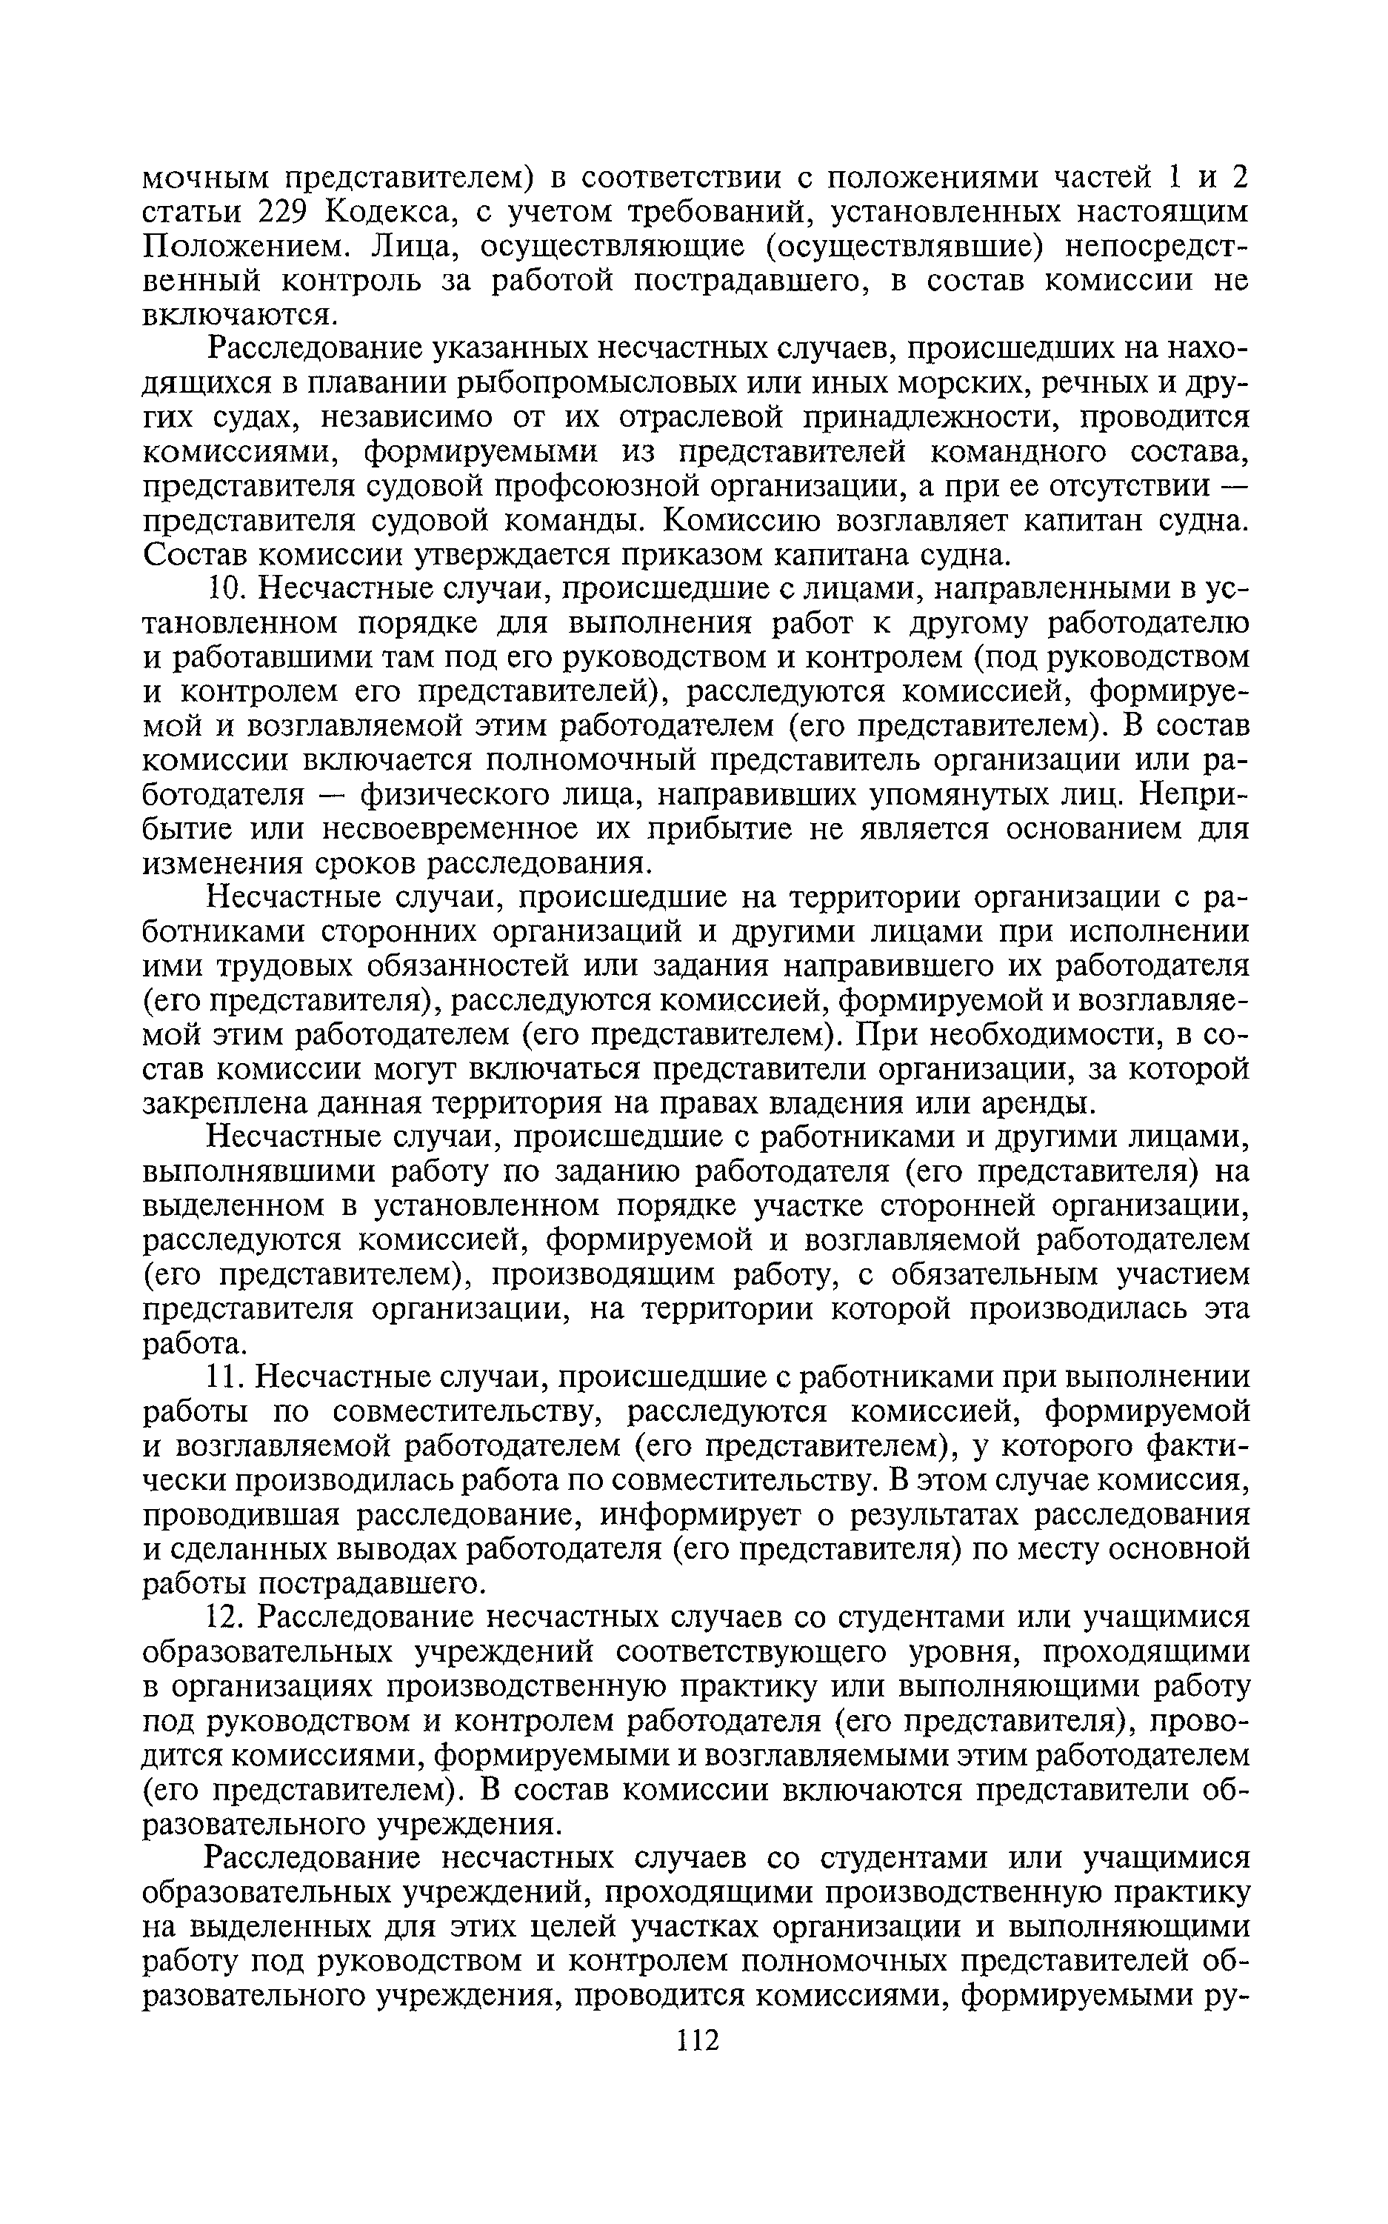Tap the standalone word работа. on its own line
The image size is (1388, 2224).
pyautogui.click(x=196, y=1343)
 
